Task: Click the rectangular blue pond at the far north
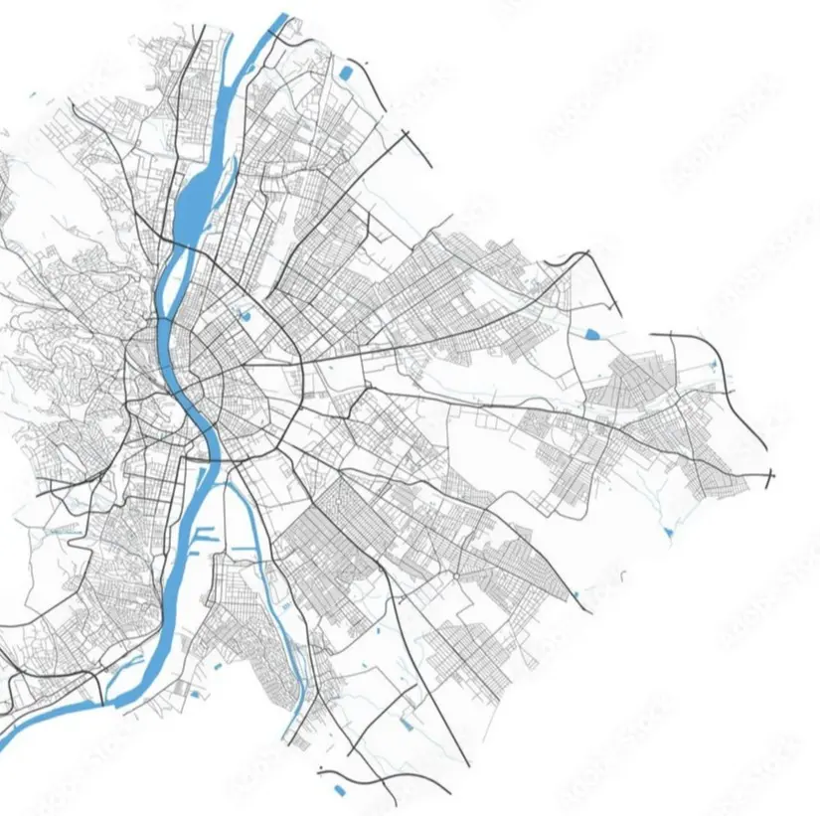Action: click(345, 72)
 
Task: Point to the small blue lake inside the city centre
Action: click(245, 316)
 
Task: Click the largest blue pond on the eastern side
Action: click(593, 334)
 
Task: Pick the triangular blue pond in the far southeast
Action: click(669, 535)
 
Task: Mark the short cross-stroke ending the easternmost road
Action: click(771, 478)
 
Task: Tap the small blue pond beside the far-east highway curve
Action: click(713, 367)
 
